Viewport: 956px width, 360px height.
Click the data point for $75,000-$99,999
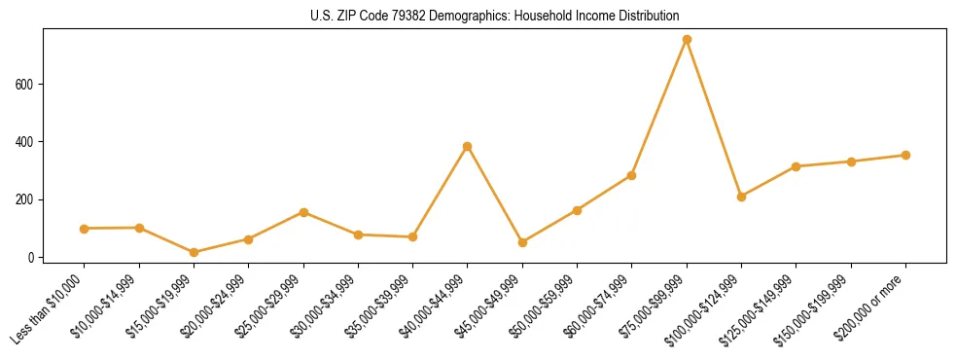[x=687, y=39]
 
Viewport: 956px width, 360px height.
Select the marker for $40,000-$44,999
[x=468, y=146]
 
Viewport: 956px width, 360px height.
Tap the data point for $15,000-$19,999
[x=194, y=252]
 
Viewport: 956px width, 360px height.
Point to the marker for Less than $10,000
[x=85, y=229]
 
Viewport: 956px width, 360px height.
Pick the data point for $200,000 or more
[x=905, y=155]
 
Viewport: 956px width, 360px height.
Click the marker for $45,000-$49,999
[x=522, y=242]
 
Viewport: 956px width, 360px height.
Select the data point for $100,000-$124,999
[x=741, y=197]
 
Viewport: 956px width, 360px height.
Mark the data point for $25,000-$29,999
[x=303, y=212]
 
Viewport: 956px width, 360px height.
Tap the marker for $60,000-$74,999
[x=632, y=175]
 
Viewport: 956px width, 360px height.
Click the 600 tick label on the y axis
[x=27, y=85]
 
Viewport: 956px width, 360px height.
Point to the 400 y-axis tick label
[x=27, y=142]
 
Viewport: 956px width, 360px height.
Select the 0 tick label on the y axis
[x=33, y=258]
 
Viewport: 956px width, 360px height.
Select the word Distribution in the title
[x=645, y=17]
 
